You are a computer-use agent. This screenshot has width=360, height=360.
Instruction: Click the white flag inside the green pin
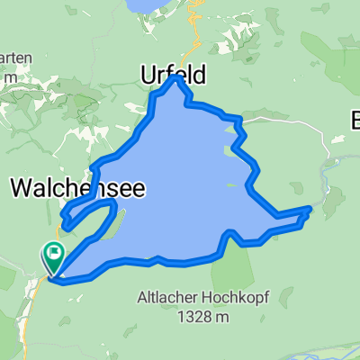54,253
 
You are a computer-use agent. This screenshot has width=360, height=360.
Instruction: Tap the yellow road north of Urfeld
193,36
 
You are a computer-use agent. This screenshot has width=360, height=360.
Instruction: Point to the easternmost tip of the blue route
310,209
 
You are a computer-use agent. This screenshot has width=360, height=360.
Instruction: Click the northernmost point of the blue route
178,77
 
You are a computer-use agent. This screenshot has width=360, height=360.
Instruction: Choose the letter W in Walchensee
22,187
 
